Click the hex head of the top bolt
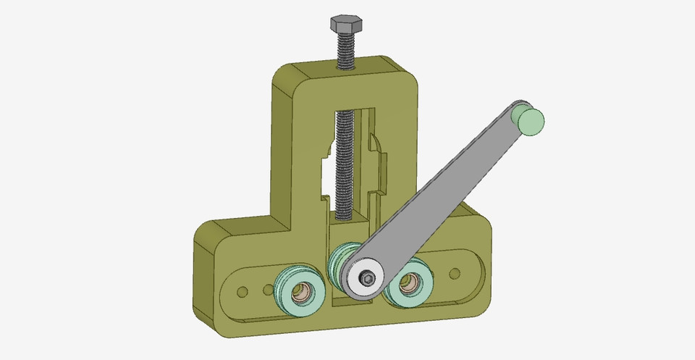click(x=345, y=24)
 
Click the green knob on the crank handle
click(x=529, y=119)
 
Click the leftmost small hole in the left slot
click(x=243, y=291)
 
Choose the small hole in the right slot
click(x=455, y=273)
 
